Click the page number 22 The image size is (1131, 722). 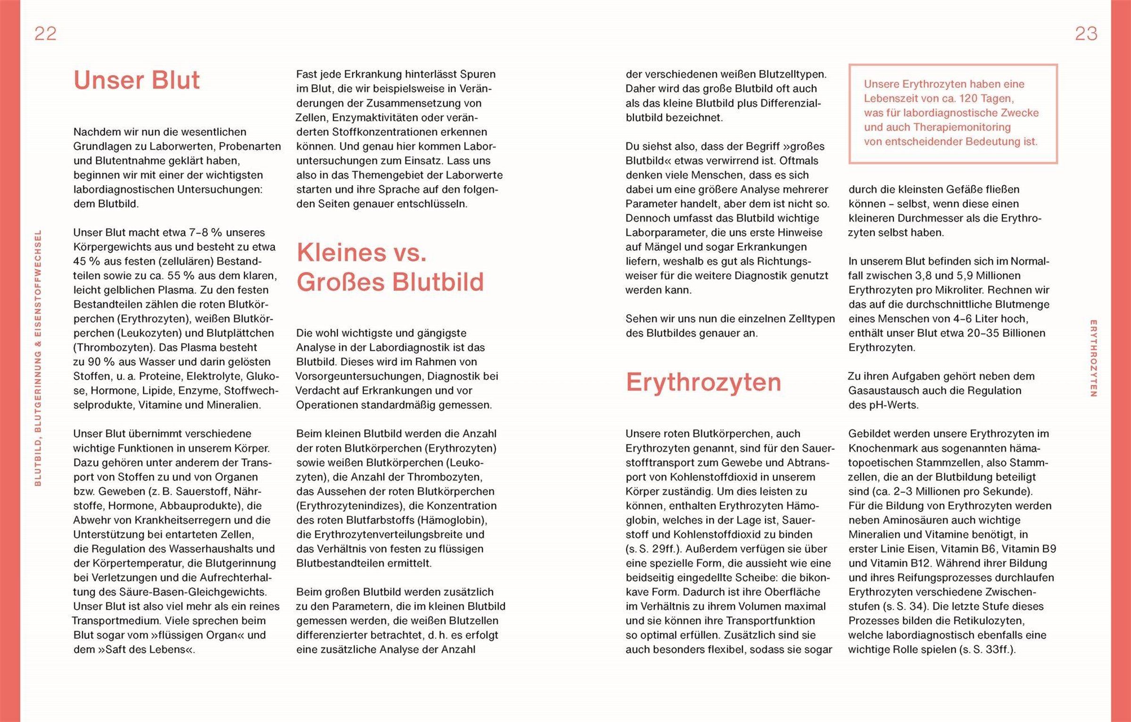click(45, 33)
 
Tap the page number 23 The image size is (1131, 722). click(1086, 33)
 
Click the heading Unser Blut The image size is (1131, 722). click(136, 80)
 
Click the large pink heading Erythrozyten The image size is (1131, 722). click(703, 382)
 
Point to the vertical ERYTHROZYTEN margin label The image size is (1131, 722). click(1093, 358)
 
